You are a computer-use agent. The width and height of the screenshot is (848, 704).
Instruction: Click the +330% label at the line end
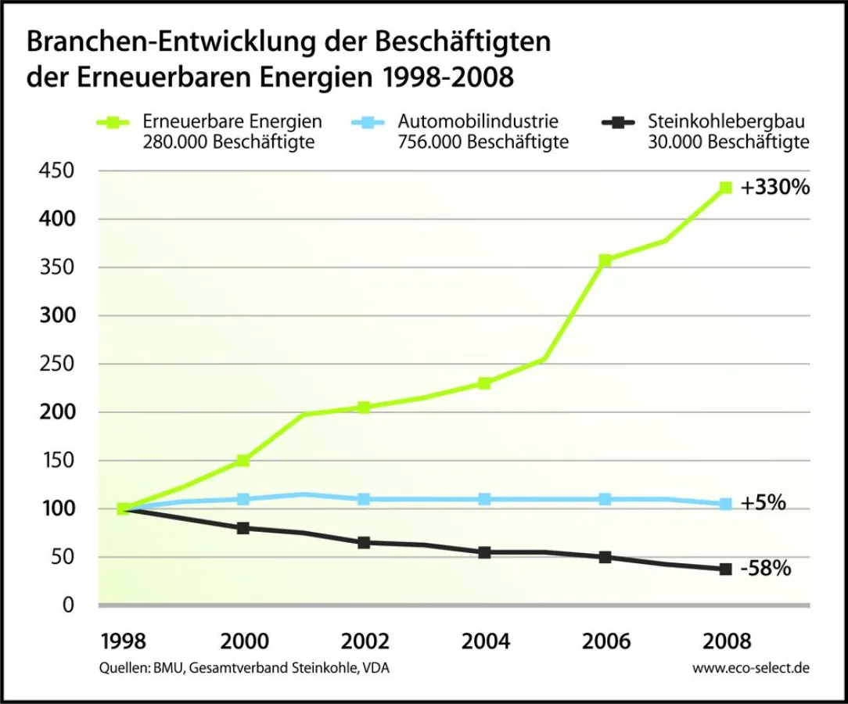[775, 188]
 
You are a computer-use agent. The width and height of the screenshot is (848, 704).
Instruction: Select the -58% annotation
[765, 569]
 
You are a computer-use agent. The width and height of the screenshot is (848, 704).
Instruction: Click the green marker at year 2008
[726, 188]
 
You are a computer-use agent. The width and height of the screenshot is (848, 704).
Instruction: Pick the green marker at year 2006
[605, 260]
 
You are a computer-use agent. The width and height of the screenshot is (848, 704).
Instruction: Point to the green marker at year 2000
[243, 461]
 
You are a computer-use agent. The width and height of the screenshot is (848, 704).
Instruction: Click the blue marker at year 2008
[726, 505]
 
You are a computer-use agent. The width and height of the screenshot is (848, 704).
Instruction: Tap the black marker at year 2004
[484, 552]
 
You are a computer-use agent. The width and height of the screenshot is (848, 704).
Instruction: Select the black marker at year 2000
[243, 528]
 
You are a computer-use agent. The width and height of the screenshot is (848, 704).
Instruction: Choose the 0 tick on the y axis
[68, 605]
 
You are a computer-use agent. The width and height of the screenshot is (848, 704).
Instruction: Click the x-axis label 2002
[365, 642]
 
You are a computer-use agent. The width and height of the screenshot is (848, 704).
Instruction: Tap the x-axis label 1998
[124, 642]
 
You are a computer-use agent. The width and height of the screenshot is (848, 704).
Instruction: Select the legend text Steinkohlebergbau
[727, 122]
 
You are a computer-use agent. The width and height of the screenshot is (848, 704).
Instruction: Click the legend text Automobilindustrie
[478, 122]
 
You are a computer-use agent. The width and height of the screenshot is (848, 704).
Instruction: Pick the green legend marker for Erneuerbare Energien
[114, 123]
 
